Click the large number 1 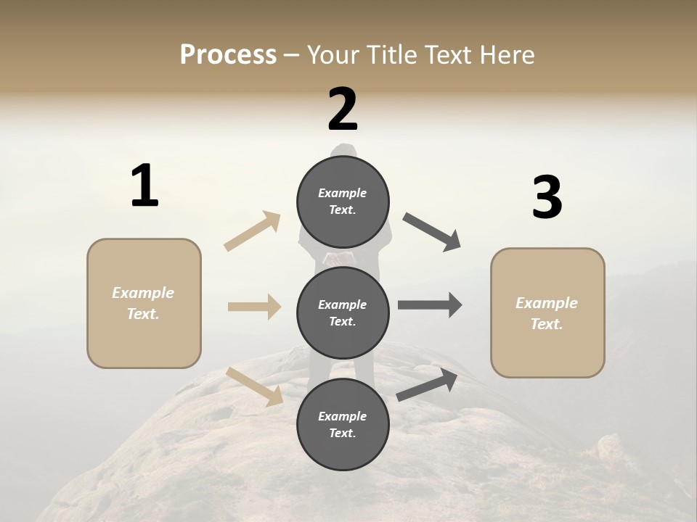[144, 186]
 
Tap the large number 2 [343, 109]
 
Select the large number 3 [547, 197]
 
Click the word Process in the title [228, 54]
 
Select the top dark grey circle [343, 202]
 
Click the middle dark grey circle [343, 312]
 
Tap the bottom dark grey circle [343, 424]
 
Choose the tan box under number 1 [144, 303]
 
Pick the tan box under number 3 [547, 312]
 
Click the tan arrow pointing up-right [253, 231]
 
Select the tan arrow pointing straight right [254, 307]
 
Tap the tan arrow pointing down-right [255, 386]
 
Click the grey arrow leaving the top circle [432, 232]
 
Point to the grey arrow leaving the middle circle [430, 304]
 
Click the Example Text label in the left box [143, 303]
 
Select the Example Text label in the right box [547, 313]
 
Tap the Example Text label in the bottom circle [343, 425]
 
